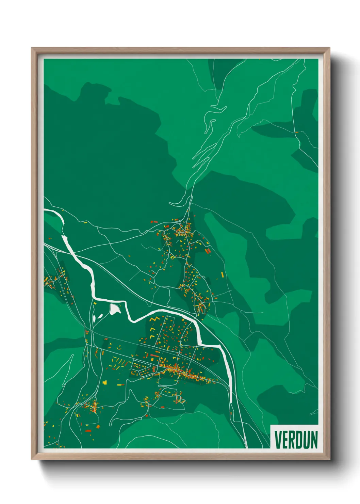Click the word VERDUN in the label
pyautogui.click(x=296, y=440)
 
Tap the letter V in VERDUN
pyautogui.click(x=278, y=440)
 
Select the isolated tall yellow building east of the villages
pyautogui.click(x=223, y=274)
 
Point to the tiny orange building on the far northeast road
pyautogui.click(x=296, y=132)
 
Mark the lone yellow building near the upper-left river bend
pyautogui.click(x=85, y=222)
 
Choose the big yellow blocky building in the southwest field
pyautogui.click(x=105, y=382)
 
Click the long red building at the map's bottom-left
pyautogui.click(x=88, y=431)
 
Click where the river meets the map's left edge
pyautogui.click(x=45, y=211)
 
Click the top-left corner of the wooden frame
pyautogui.click(x=32, y=48)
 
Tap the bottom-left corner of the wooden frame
pyautogui.click(x=32, y=459)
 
